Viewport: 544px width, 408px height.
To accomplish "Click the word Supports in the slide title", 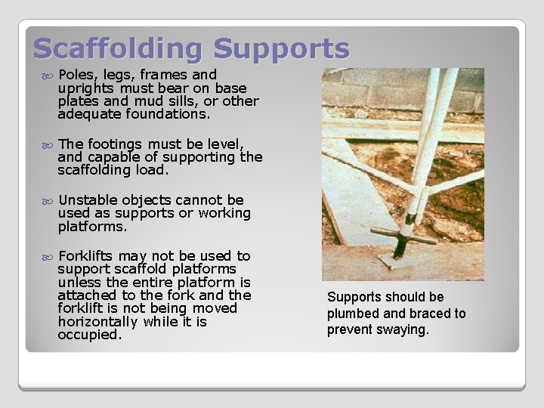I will pos(281,48).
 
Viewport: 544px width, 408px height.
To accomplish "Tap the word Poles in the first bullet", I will pos(76,75).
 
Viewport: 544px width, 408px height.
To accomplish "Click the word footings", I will pos(116,144).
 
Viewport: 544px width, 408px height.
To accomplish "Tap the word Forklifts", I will pos(90,256).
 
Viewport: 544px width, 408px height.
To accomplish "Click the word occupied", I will pos(88,335).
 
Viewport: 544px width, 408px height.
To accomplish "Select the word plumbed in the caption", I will pos(355,314).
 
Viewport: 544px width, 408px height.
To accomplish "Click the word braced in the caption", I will pos(420,314).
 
